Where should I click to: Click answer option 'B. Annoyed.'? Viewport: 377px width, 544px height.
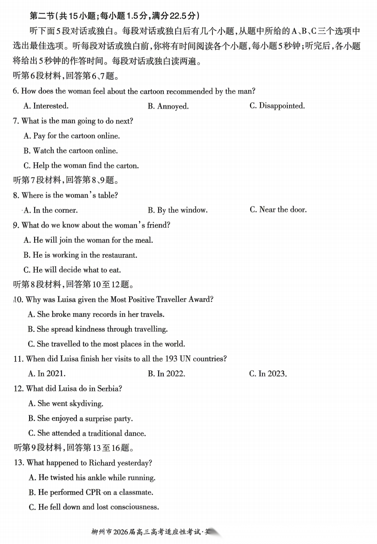(x=168, y=106)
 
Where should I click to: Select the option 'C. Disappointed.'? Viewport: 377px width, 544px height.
(x=277, y=106)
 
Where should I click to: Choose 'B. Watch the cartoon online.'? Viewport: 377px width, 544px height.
(x=70, y=151)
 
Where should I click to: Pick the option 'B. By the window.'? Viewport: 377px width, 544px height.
(x=177, y=210)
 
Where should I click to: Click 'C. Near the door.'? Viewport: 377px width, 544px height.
(x=278, y=210)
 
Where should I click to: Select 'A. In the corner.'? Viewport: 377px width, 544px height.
(x=50, y=210)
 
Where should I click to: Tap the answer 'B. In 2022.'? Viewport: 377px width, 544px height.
(x=166, y=374)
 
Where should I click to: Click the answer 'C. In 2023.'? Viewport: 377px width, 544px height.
(x=268, y=374)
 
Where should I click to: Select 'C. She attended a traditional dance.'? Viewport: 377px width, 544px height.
(x=87, y=433)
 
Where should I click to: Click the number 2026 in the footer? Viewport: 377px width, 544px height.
(x=121, y=532)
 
